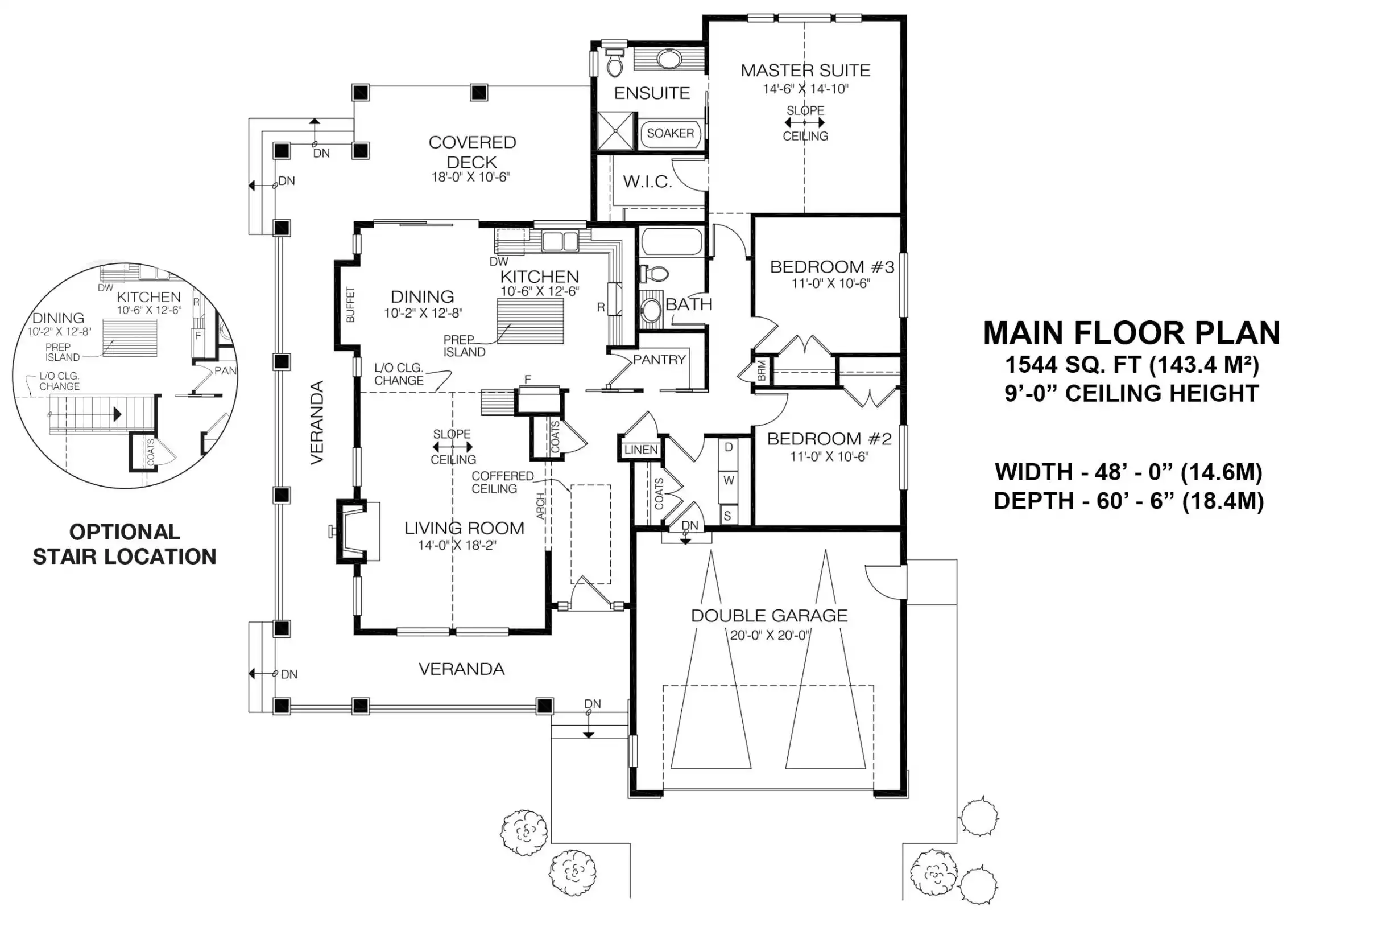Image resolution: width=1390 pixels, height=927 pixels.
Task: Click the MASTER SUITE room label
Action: click(x=805, y=71)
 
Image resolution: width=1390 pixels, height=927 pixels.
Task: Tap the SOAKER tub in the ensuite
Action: click(x=671, y=134)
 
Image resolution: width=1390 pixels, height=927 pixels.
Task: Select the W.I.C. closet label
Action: click(x=647, y=182)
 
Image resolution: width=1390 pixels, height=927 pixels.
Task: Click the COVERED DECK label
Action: click(x=472, y=152)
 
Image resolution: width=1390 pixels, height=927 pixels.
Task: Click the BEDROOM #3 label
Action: click(x=831, y=267)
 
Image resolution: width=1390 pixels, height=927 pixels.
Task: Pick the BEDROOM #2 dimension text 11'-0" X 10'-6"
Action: click(x=829, y=456)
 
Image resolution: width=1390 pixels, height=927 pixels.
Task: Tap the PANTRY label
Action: click(x=659, y=360)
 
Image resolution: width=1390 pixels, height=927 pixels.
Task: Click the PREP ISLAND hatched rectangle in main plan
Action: click(x=530, y=320)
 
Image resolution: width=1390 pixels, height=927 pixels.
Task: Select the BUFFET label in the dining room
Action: click(x=350, y=304)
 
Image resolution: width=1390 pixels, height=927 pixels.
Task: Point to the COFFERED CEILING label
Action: click(x=502, y=483)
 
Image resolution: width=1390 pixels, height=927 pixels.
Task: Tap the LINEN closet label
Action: click(x=641, y=450)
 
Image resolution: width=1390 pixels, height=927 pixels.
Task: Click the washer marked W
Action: click(x=729, y=480)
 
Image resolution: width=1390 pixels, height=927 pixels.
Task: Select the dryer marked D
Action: click(x=729, y=447)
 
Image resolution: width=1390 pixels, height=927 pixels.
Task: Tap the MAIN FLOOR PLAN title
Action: click(x=1131, y=333)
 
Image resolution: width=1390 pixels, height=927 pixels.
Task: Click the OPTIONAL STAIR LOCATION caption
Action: click(x=125, y=544)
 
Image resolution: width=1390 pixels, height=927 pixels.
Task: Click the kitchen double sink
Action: click(x=561, y=241)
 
